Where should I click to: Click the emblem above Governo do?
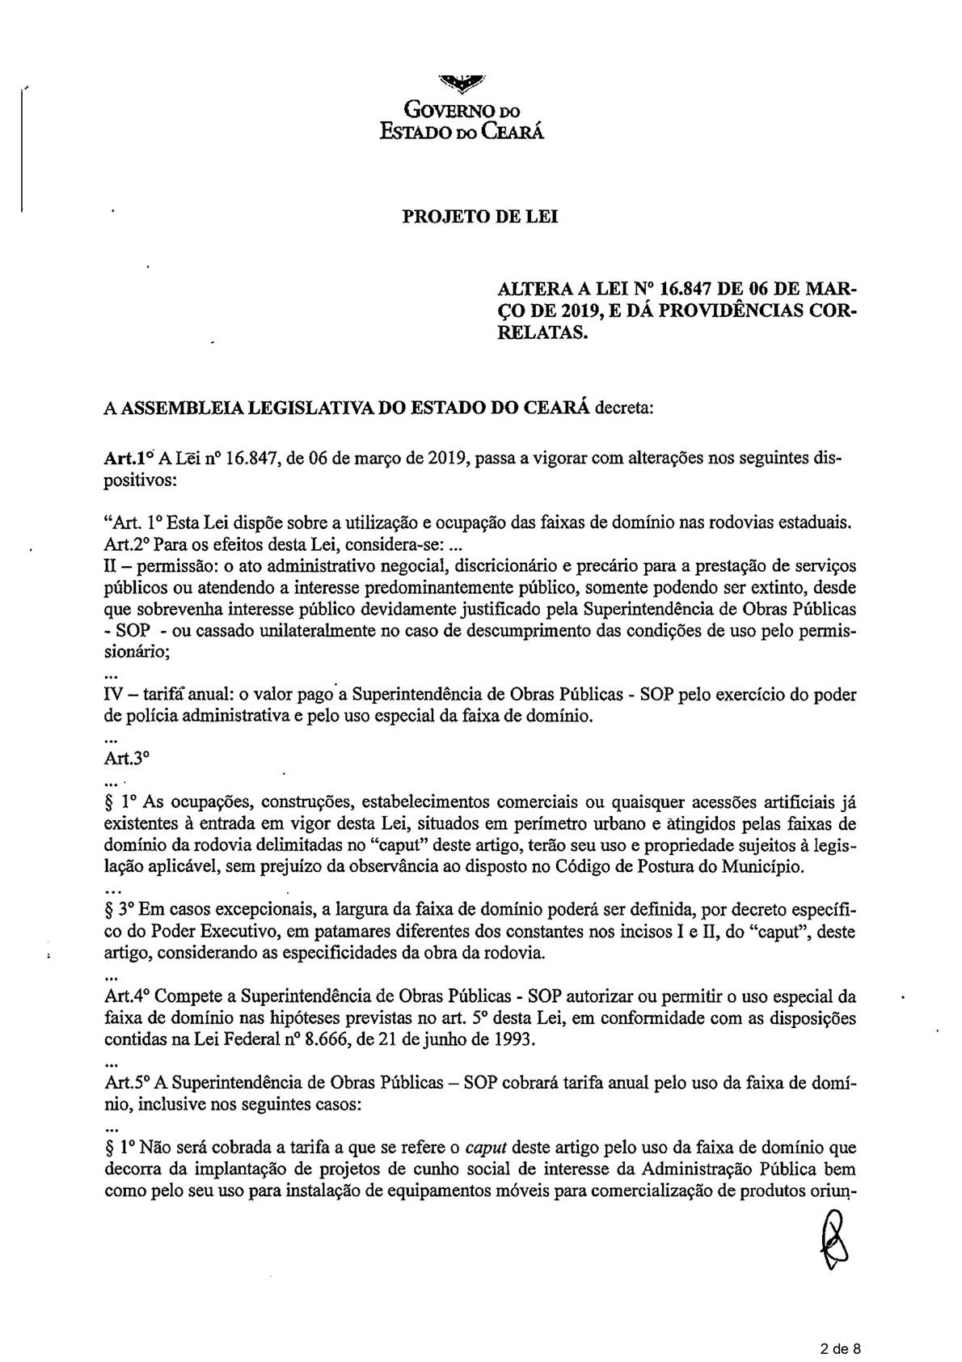point(462,82)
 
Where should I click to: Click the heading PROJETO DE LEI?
point(480,218)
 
